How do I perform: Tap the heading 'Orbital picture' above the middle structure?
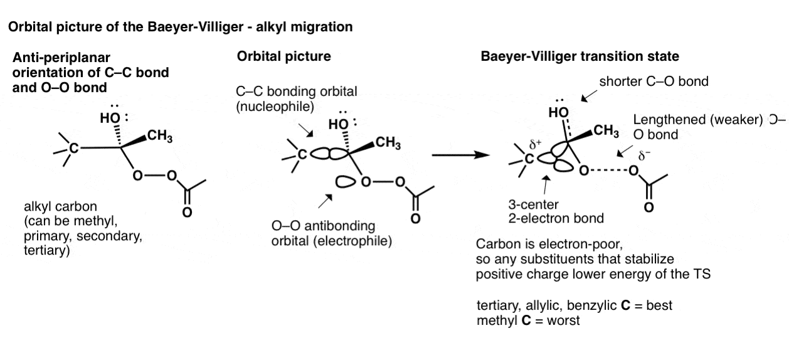click(x=283, y=56)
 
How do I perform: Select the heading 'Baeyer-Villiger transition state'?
click(x=580, y=56)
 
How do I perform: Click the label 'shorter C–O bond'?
click(x=654, y=82)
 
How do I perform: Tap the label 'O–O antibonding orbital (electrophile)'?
click(x=322, y=233)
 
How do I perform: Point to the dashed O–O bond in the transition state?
click(x=608, y=171)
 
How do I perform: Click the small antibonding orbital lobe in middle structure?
click(x=345, y=182)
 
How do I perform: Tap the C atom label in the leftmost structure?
click(x=73, y=148)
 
